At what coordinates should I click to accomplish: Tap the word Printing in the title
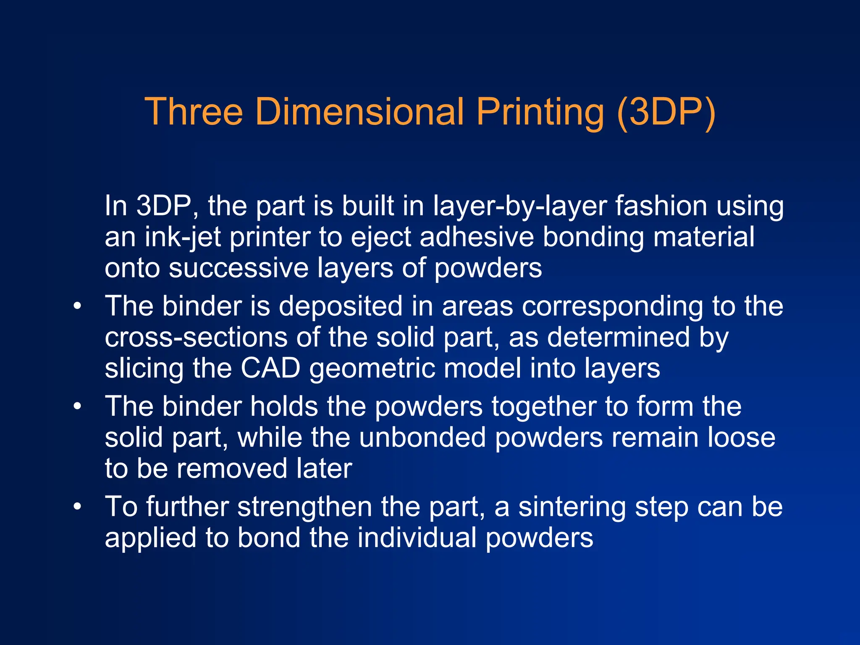point(540,113)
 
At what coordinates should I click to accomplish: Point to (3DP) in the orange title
point(666,113)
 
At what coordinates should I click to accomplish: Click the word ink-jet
point(183,238)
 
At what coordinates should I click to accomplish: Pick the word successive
point(239,268)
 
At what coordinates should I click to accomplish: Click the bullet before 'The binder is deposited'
point(77,306)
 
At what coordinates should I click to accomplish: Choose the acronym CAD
point(270,368)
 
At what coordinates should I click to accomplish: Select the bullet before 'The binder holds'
point(77,407)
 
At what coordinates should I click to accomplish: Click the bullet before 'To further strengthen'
point(77,507)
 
